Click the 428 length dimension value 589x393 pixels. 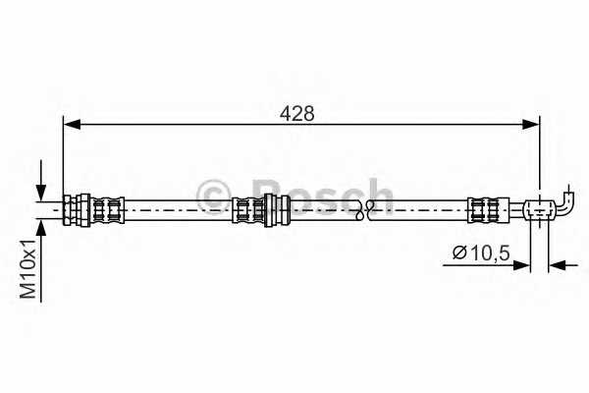(x=296, y=113)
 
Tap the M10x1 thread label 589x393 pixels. (x=28, y=268)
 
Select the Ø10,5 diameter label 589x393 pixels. (x=481, y=253)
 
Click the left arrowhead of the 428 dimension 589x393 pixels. (x=72, y=124)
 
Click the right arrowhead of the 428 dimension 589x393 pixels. (x=531, y=124)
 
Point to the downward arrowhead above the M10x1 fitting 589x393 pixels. (x=41, y=193)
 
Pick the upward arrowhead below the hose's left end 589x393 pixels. (x=41, y=228)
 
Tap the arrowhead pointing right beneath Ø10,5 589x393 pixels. (x=521, y=265)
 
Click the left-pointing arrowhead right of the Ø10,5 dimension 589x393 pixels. (x=558, y=265)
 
